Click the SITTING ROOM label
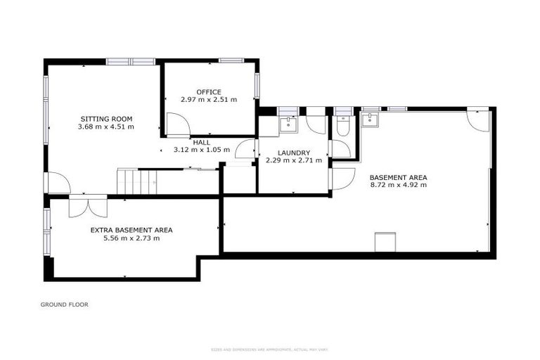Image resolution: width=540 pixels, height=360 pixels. [x=105, y=118]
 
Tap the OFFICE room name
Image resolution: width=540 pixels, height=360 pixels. [x=209, y=92]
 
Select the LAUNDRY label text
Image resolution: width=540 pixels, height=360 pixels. [x=293, y=153]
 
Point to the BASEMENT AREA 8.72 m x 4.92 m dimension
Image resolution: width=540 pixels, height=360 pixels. [x=399, y=185]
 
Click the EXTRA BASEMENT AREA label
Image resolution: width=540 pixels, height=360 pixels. [x=131, y=230]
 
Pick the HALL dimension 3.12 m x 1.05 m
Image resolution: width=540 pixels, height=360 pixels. [x=202, y=150]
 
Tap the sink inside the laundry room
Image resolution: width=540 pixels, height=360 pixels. [x=288, y=124]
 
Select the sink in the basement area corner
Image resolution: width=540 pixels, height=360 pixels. [x=370, y=120]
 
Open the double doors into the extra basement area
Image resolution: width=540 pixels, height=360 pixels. [x=88, y=207]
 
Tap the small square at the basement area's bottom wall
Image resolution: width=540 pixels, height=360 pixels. [x=386, y=241]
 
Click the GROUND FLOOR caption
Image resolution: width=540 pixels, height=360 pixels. [x=64, y=304]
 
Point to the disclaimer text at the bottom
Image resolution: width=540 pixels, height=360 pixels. [x=270, y=349]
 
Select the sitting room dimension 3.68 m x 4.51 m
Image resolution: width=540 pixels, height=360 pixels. [x=105, y=127]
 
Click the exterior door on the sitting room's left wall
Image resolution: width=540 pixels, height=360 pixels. [x=58, y=183]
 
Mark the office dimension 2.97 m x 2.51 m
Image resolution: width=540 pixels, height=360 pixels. [x=209, y=100]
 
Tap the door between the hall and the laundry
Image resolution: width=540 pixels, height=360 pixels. [x=246, y=149]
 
